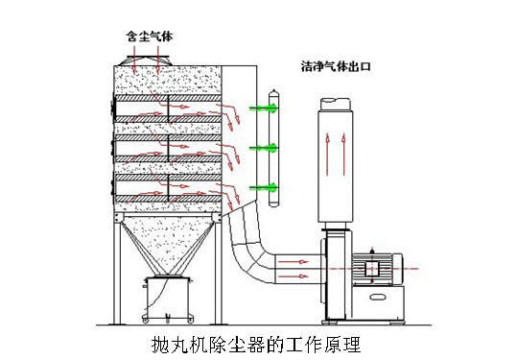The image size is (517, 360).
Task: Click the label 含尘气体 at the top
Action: (x=151, y=36)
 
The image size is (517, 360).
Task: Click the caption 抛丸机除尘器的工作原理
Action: (x=258, y=340)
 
